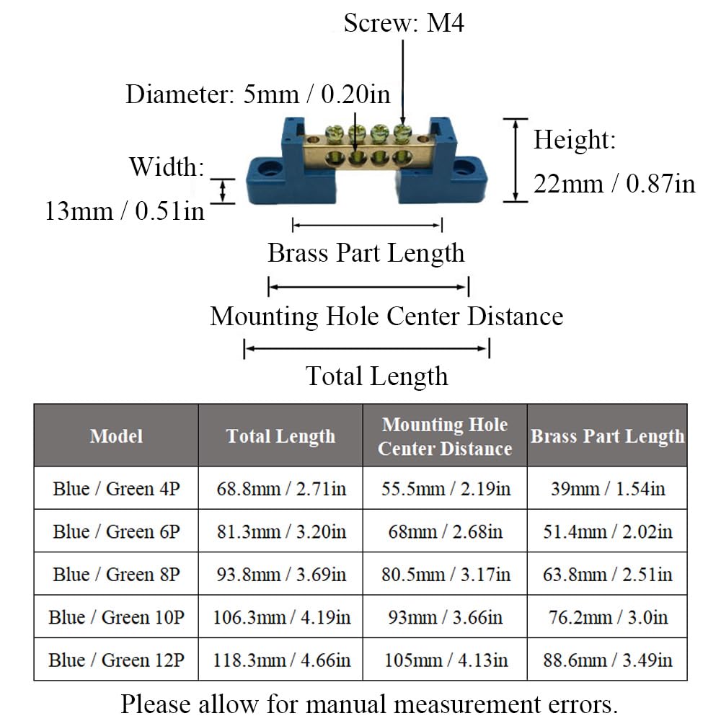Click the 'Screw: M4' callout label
pyautogui.click(x=404, y=23)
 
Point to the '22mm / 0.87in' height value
pyautogui.click(x=614, y=184)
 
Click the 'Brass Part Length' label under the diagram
pyautogui.click(x=366, y=253)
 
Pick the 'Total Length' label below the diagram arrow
pyautogui.click(x=376, y=376)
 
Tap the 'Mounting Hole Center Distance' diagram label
pyautogui.click(x=386, y=316)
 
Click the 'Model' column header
pyautogui.click(x=116, y=435)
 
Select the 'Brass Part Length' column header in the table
pyautogui.click(x=607, y=435)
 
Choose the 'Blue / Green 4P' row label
pyautogui.click(x=116, y=488)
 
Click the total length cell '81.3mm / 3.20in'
pyautogui.click(x=281, y=531)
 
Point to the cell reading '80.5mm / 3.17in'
pyautogui.click(x=445, y=574)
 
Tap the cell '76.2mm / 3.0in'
pyautogui.click(x=607, y=617)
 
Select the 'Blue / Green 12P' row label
pyautogui.click(x=116, y=660)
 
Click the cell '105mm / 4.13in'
pyautogui.click(x=445, y=660)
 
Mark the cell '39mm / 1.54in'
pyautogui.click(x=607, y=488)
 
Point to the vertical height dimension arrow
pyautogui.click(x=516, y=160)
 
